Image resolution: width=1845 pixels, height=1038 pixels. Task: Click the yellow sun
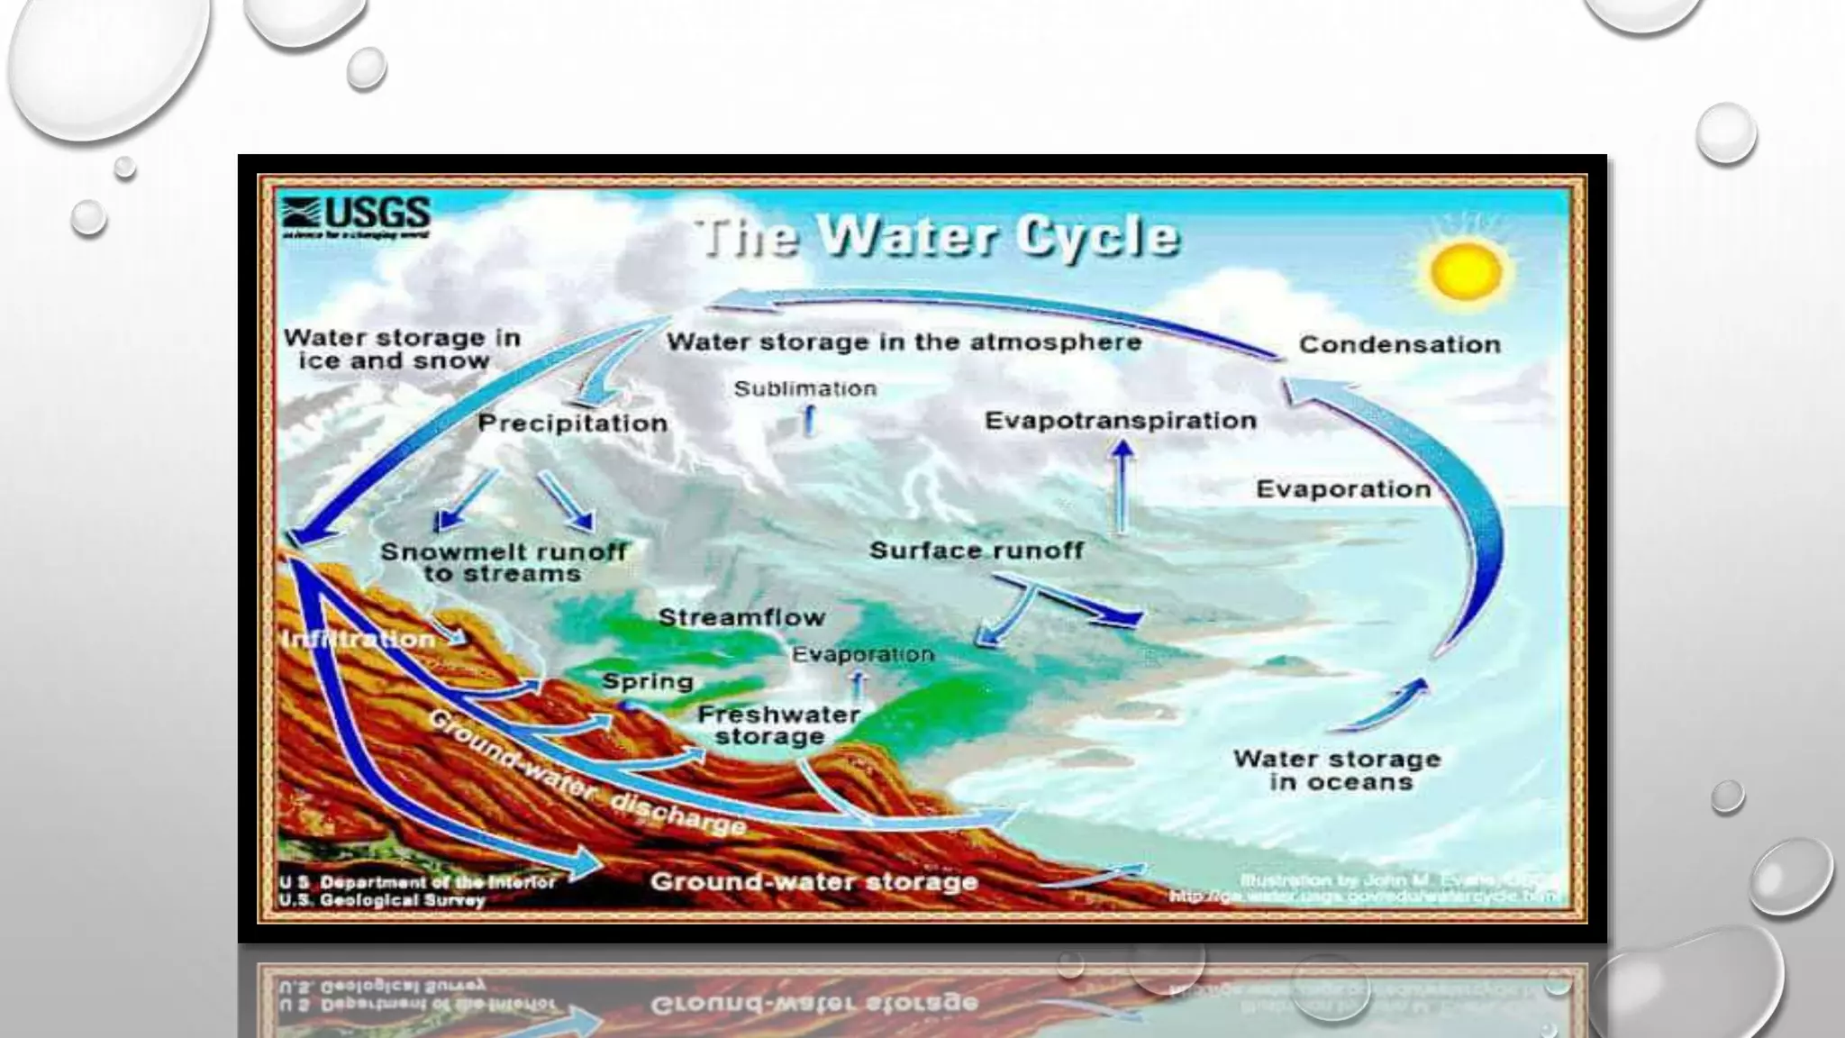pos(1465,271)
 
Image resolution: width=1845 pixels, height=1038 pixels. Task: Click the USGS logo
pos(357,216)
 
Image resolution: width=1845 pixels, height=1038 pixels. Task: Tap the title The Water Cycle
pos(937,237)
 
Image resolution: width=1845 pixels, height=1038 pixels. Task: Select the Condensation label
pos(1399,345)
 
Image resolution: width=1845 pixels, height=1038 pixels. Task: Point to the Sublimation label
pos(804,389)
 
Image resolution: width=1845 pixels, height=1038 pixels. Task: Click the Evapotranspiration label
pos(1120,421)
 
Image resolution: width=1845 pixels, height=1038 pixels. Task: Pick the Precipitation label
pos(573,423)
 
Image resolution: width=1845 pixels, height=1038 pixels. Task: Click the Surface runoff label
pos(976,551)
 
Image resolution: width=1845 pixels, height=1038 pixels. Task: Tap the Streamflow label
pos(741,618)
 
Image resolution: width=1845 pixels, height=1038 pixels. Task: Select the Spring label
pos(647,682)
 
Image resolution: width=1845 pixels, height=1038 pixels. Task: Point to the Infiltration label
pos(359,640)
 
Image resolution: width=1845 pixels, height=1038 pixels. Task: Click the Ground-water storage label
pos(813,882)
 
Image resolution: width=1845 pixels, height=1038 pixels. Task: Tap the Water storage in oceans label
pos(1338,770)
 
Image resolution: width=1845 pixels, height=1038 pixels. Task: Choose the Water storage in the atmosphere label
pos(904,342)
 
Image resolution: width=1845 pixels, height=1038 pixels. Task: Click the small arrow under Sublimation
pos(809,420)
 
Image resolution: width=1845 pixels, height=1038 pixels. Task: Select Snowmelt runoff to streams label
pos(502,562)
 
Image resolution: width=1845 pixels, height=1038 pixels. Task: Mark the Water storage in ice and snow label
pos(401,350)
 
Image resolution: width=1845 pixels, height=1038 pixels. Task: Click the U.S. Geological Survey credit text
pos(382,900)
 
